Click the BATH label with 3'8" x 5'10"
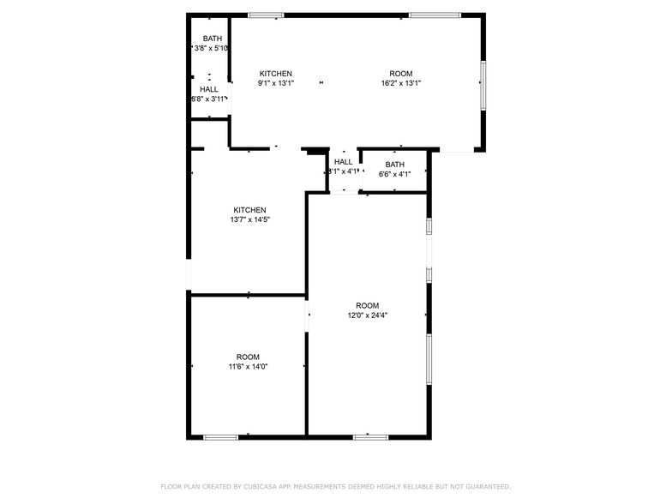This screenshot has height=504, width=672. pos(213,39)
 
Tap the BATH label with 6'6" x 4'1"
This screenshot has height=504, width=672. pos(394,165)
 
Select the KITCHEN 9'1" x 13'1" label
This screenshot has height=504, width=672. pos(276,74)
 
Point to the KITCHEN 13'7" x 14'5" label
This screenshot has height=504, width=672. pos(249,210)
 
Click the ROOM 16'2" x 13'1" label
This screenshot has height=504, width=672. pos(401,74)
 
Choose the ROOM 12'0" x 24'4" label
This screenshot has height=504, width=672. pos(367,306)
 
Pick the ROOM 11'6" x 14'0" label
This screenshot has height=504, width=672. pos(248,357)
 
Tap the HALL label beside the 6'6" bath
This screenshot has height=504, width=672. pos(343,162)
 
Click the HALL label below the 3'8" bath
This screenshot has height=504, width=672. pos(209,89)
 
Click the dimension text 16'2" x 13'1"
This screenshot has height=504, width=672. pos(401,83)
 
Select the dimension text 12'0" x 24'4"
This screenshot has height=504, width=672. pos(367,315)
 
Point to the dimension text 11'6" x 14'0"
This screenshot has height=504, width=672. pos(248,367)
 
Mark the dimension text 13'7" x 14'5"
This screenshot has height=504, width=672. pos(249,219)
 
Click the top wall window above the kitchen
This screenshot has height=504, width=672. pos(266,15)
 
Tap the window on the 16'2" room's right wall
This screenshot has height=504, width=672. pos(483,85)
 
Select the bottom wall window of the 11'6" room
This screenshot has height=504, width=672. pos(220,437)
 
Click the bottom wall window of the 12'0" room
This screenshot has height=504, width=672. pos(370,437)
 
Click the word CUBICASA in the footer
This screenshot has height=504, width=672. pos(261,486)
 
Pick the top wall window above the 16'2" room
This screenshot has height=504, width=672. pos(435,15)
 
